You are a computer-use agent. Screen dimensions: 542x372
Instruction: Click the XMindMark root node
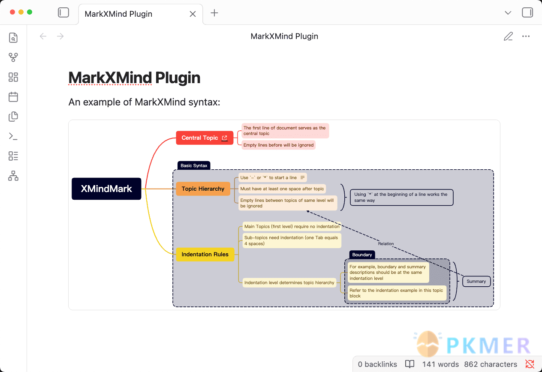[x=106, y=189]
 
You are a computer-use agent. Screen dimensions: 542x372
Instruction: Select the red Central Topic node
[x=205, y=138]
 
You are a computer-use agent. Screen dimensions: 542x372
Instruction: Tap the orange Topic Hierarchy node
[x=203, y=189]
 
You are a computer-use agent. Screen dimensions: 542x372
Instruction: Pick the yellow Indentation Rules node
[x=205, y=255]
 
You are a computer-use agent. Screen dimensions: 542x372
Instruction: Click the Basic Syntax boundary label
[x=194, y=165]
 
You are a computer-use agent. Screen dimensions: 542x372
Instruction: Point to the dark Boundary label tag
[x=362, y=255]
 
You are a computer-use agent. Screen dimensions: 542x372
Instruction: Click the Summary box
[x=476, y=281]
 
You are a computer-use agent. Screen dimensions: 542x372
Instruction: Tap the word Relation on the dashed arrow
[x=386, y=243]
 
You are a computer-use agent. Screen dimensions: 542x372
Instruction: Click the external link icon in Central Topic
[x=225, y=138]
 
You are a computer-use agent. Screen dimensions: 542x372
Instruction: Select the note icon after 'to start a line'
[x=302, y=177]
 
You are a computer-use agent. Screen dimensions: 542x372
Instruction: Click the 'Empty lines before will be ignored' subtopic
[x=278, y=145]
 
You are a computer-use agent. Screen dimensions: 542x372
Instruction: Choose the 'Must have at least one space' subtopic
[x=282, y=189]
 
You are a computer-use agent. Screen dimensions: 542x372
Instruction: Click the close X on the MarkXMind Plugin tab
[x=193, y=14]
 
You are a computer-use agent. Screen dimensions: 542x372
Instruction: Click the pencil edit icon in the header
[x=508, y=36]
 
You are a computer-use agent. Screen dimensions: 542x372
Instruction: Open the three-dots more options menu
[x=526, y=36]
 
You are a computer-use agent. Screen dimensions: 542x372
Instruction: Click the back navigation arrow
[x=43, y=36]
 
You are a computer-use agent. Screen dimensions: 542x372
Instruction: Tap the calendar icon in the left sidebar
[x=13, y=97]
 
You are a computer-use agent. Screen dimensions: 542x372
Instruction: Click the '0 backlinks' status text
[x=377, y=364]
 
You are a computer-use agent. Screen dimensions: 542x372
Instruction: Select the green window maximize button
[x=30, y=12]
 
